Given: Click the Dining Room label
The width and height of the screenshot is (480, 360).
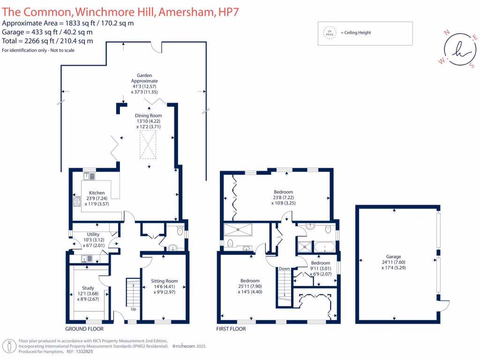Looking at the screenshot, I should click(x=149, y=115).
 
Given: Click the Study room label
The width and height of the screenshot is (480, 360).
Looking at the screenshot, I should click(x=88, y=288).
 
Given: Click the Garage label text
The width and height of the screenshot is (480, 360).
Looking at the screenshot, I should click(x=393, y=256).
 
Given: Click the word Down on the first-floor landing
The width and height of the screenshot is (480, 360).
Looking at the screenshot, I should click(x=284, y=269).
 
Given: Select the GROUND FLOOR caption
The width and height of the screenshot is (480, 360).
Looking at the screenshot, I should click(x=84, y=329).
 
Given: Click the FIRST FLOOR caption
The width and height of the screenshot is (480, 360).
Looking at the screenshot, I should click(x=231, y=329).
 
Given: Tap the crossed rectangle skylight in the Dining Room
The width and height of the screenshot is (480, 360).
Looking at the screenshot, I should click(x=149, y=145).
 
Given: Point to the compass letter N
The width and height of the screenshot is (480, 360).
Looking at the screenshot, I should click(x=447, y=32).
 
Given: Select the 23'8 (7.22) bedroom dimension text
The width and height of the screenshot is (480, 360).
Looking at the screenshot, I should click(x=283, y=198).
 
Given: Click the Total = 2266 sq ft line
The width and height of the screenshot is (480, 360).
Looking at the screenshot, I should click(x=47, y=41).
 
